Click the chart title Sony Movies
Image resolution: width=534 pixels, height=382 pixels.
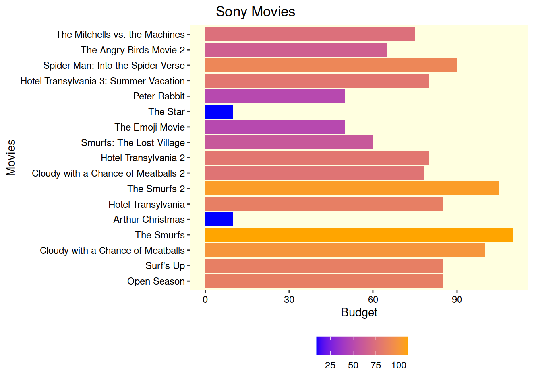tap(255, 12)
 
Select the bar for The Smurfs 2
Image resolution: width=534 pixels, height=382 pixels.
tap(352, 189)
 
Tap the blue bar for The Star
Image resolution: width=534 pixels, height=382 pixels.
tap(219, 112)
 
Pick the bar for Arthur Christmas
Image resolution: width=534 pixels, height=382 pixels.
tap(219, 220)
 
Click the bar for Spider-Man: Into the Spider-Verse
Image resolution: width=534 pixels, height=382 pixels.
tap(331, 65)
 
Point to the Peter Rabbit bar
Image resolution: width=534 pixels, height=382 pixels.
tap(275, 96)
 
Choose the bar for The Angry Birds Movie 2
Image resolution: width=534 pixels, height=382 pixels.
tap(296, 50)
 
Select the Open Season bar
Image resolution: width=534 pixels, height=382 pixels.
tap(324, 281)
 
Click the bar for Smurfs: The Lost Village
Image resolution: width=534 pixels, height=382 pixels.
tap(289, 142)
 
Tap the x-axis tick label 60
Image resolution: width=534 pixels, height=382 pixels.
tap(373, 300)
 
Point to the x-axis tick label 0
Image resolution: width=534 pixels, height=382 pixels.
tap(205, 300)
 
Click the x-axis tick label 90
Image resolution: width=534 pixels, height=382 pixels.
tap(457, 300)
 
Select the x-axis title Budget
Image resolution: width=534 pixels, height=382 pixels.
tap(359, 312)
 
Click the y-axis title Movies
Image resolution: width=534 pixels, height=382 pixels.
tap(11, 158)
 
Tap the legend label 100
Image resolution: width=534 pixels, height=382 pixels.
tap(399, 365)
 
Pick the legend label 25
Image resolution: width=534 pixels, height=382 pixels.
tap(330, 365)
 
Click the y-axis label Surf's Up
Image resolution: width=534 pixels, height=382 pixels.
tap(165, 266)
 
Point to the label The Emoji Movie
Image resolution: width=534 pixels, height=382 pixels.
tap(149, 127)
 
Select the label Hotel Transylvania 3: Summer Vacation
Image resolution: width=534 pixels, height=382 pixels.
tap(103, 81)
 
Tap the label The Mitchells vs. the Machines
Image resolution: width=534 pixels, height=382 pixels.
tap(120, 35)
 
